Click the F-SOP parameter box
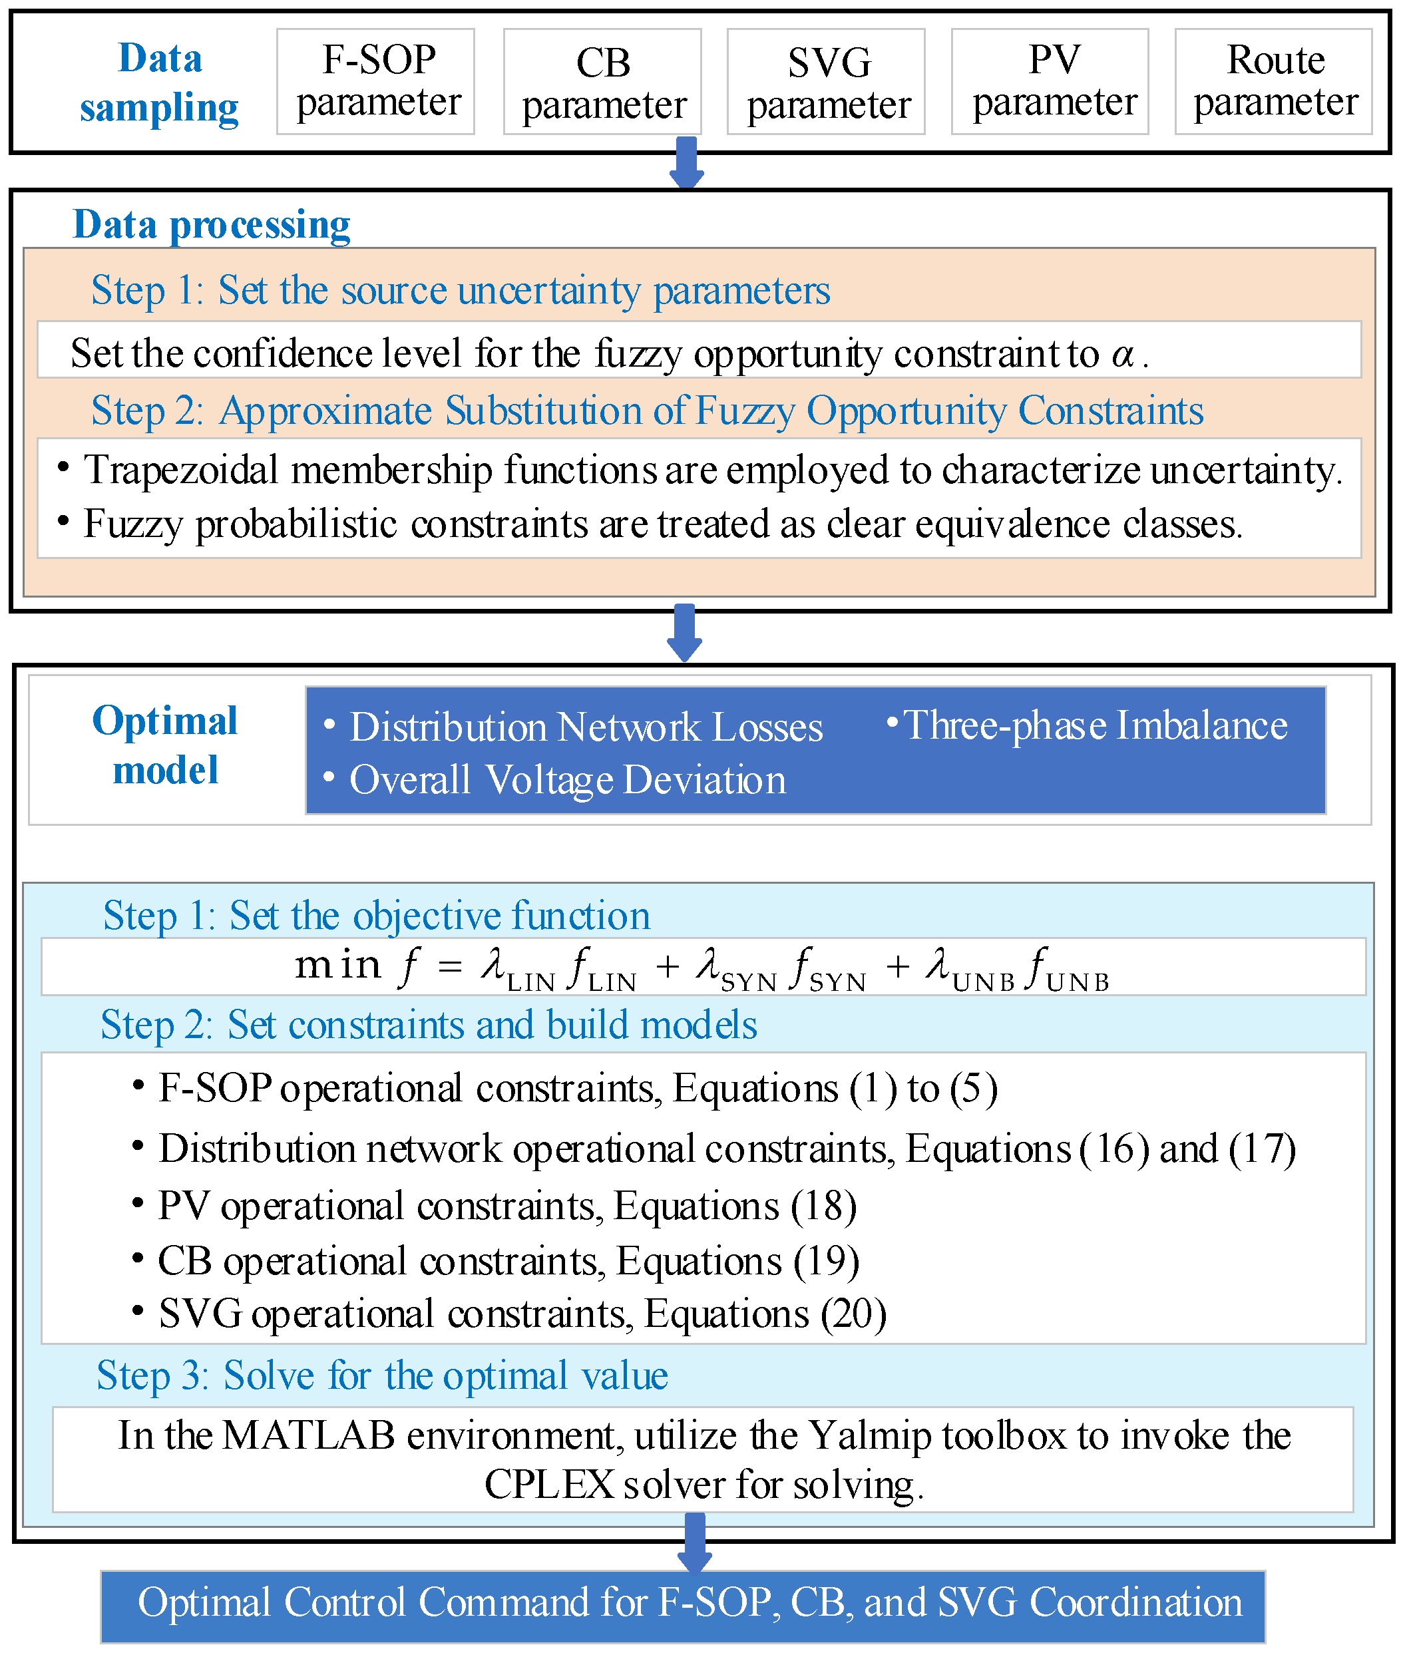click(x=375, y=81)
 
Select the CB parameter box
click(x=602, y=82)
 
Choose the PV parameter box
click(x=1050, y=81)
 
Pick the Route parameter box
click(x=1273, y=81)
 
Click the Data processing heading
click(x=212, y=224)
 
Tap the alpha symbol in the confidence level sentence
click(x=1123, y=353)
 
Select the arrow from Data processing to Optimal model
click(x=684, y=632)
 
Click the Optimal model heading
click(x=165, y=745)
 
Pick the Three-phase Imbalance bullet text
click(x=1094, y=725)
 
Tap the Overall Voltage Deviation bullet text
click(x=567, y=779)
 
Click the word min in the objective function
click(x=337, y=965)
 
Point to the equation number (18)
click(x=824, y=1205)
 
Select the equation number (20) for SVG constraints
click(x=853, y=1313)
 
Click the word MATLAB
click(x=309, y=1435)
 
